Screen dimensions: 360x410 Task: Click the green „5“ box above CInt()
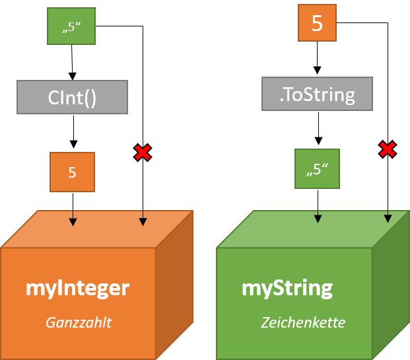coord(71,26)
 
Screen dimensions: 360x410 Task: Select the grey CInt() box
coord(72,97)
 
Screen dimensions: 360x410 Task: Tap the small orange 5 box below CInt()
coord(73,172)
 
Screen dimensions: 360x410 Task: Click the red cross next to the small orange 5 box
coord(142,153)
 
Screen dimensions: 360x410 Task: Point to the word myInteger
coord(77,288)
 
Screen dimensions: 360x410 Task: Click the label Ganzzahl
coord(78,322)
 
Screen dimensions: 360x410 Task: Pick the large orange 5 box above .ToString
coord(317,23)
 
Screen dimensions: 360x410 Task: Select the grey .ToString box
coord(317,94)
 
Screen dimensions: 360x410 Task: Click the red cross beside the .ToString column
coord(388,149)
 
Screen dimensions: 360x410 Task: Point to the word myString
coord(287,288)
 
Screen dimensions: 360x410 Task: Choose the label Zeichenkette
coord(303,322)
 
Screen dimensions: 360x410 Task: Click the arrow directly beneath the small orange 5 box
coord(73,219)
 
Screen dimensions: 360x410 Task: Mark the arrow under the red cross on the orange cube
coord(143,219)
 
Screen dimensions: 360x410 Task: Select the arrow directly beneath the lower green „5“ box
coord(318,216)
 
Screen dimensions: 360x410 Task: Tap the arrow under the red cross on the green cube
coord(388,216)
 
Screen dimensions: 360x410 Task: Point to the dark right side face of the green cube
coord(391,284)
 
